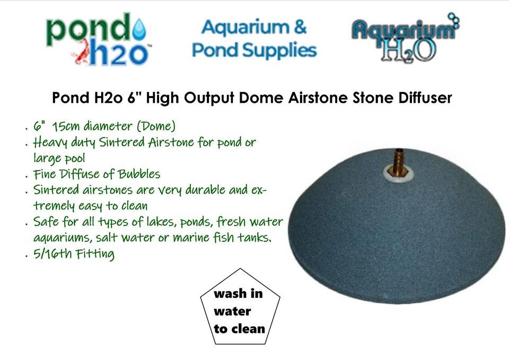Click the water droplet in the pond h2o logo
tap(139, 29)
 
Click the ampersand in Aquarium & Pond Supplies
tap(300, 27)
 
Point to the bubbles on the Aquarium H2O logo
tap(453, 20)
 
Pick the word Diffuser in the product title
tap(425, 98)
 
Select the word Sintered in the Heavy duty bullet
tap(121, 142)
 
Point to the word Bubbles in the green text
tap(139, 174)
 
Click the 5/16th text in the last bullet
tap(52, 253)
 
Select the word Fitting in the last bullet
tap(95, 254)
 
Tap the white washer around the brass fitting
tap(398, 174)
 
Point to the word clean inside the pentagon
tap(248, 329)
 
